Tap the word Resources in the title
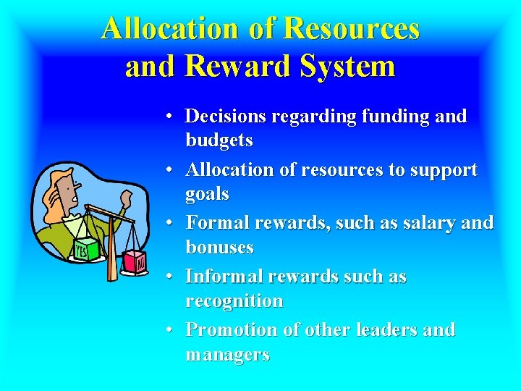click(352, 28)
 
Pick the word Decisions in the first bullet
click(224, 116)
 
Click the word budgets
click(219, 140)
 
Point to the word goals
click(207, 194)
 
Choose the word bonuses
click(219, 247)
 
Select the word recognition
click(234, 300)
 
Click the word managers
click(227, 354)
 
